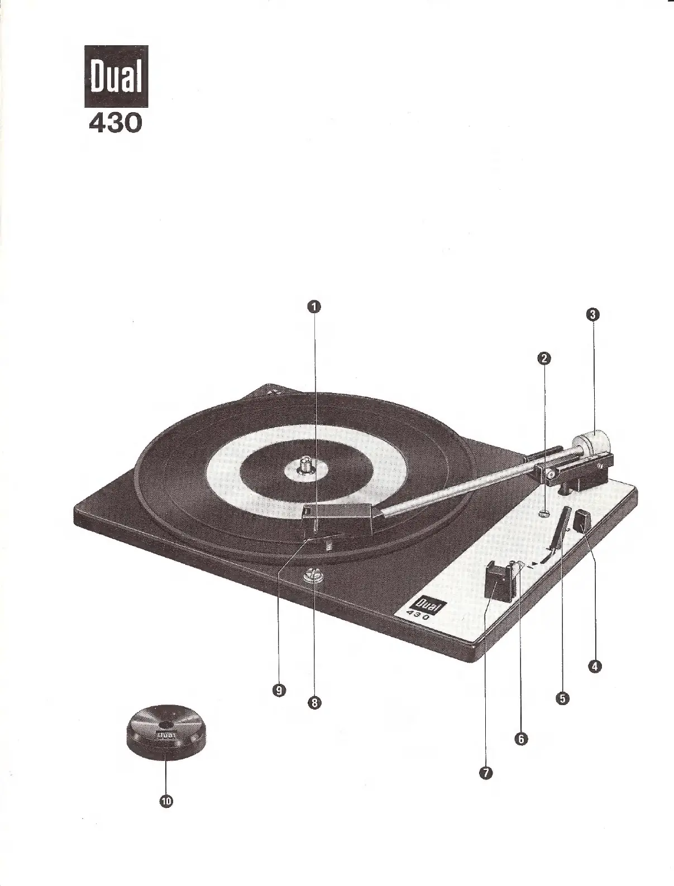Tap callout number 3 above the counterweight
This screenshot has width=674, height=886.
[593, 314]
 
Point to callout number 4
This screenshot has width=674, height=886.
[595, 665]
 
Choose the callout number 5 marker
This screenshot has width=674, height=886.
[562, 697]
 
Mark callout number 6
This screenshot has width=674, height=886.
[520, 739]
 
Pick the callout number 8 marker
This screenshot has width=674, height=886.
[314, 703]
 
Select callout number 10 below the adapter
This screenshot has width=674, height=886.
[166, 801]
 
